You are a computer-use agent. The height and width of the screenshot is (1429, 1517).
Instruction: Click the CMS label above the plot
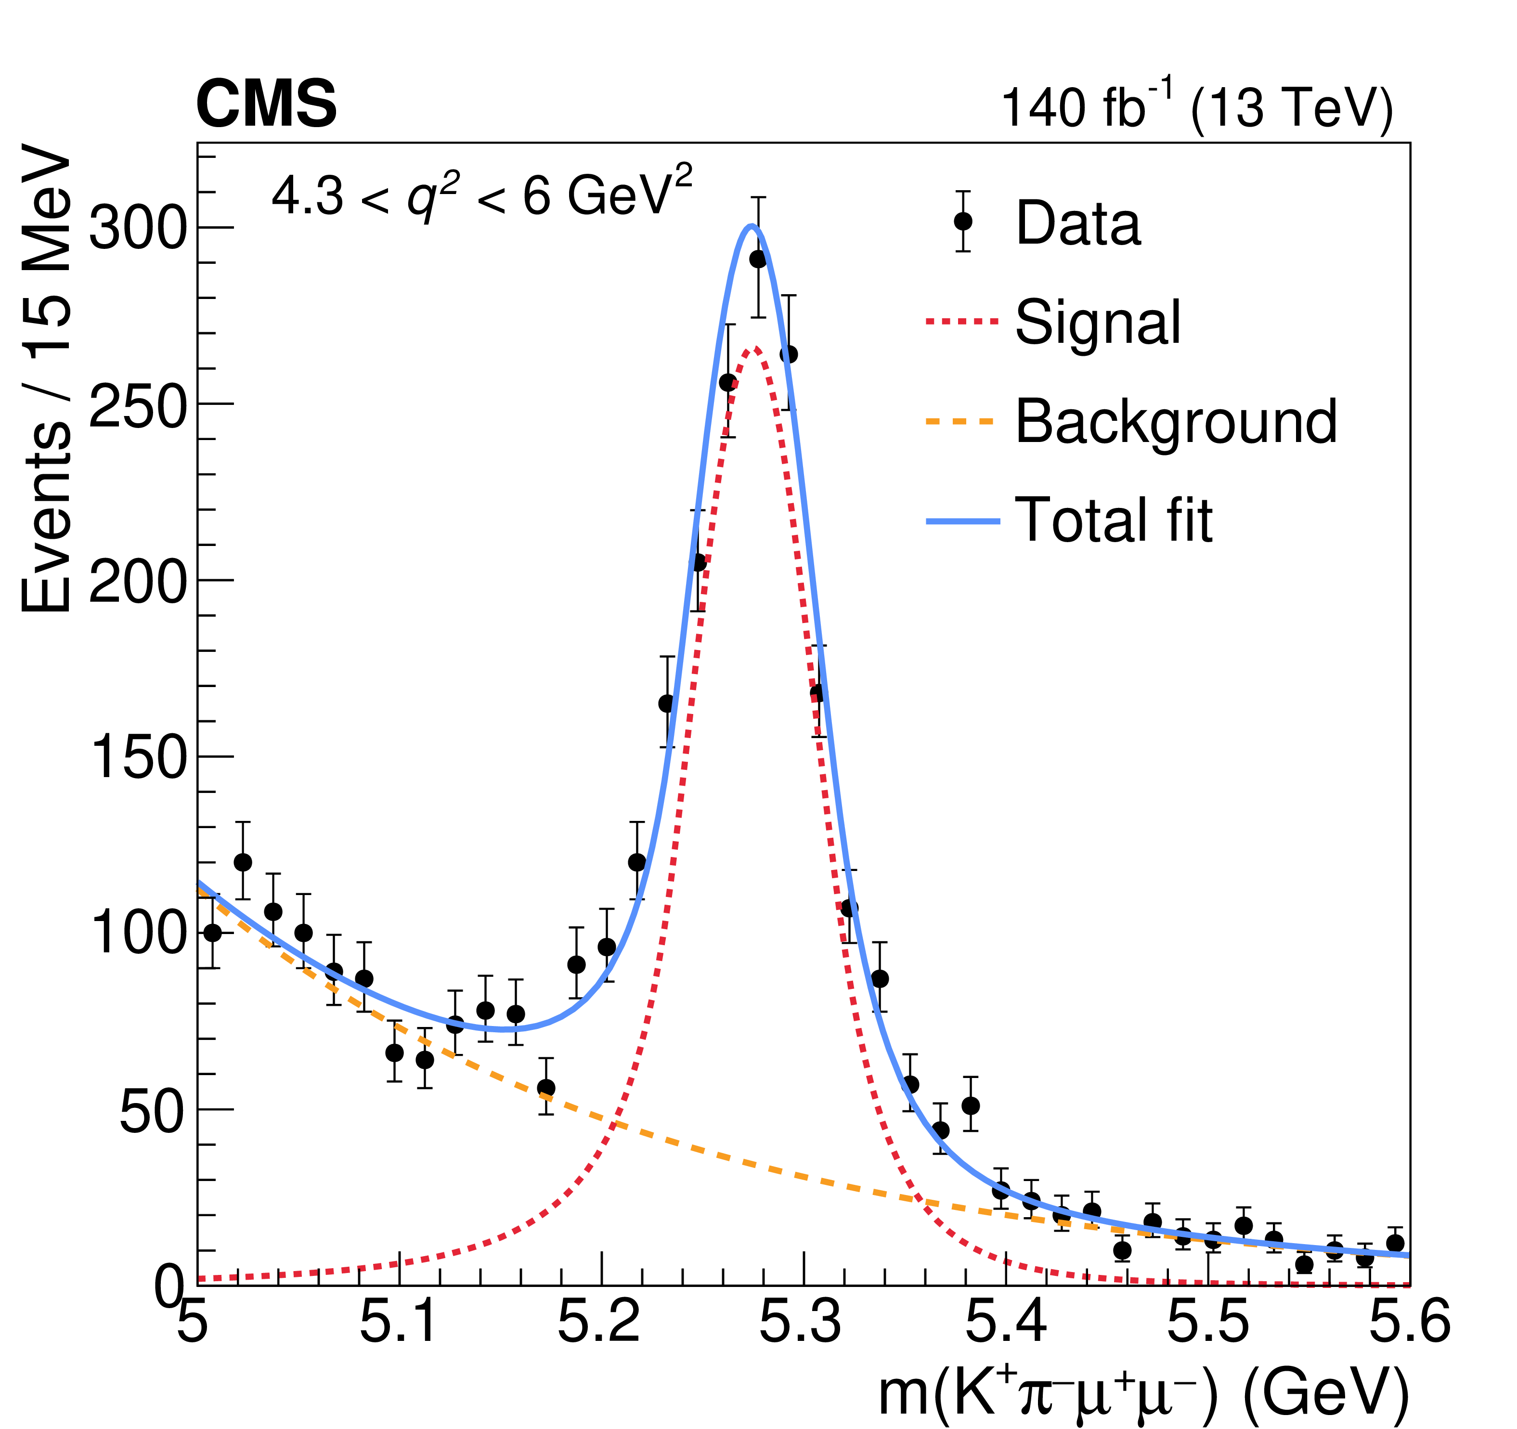tap(266, 104)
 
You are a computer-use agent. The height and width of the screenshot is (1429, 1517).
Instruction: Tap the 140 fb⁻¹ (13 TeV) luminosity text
tap(1196, 107)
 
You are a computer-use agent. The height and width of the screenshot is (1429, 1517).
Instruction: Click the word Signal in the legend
tap(1097, 322)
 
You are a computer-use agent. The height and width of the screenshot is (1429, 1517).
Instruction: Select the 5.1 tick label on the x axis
tap(398, 1322)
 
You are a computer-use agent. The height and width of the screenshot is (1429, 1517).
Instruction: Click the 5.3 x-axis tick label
tap(801, 1322)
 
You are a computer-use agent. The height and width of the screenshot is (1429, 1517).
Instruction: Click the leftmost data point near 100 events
tap(213, 932)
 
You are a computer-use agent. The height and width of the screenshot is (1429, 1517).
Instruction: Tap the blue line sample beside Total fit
tap(963, 521)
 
